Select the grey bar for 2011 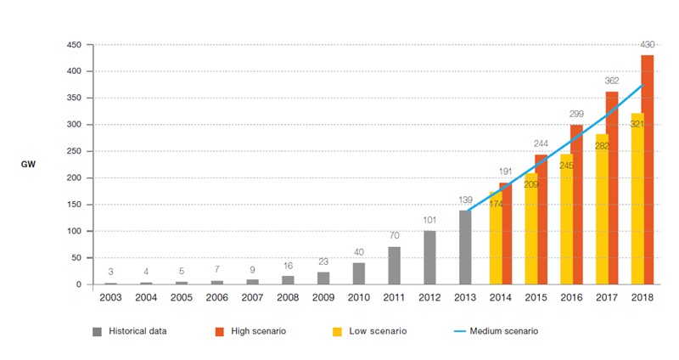(x=395, y=266)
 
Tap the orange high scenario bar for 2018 (x=647, y=170)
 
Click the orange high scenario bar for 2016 (x=576, y=205)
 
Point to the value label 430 (x=647, y=44)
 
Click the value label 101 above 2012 (x=429, y=221)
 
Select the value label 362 (x=611, y=81)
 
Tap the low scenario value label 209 (x=531, y=183)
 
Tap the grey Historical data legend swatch (x=96, y=331)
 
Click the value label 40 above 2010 (x=358, y=253)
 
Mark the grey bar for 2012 (x=429, y=257)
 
